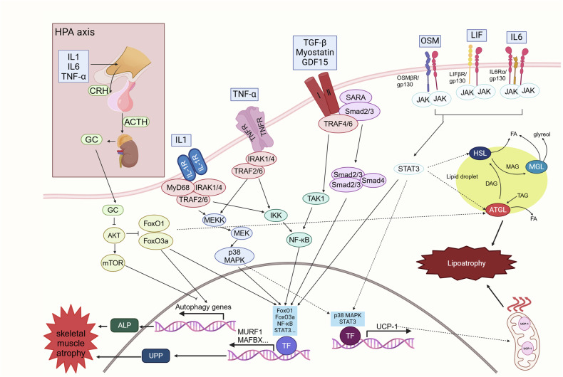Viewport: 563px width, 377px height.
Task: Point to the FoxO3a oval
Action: [155, 240]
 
